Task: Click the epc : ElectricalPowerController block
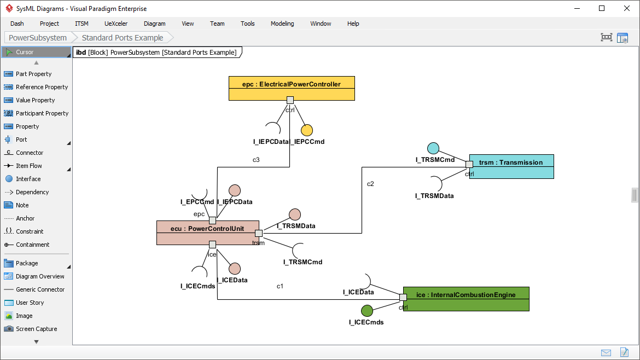click(292, 84)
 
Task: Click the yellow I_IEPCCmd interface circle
click(307, 130)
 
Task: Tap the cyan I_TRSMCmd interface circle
click(433, 148)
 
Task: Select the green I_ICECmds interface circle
click(367, 311)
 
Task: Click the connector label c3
click(256, 160)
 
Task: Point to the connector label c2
click(370, 183)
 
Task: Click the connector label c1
click(280, 286)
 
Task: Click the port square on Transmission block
click(469, 164)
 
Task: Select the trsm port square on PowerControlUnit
click(259, 233)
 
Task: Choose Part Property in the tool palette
click(33, 74)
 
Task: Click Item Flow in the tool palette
click(28, 166)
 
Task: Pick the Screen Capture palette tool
click(36, 329)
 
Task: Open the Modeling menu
click(282, 24)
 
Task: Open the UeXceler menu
click(116, 24)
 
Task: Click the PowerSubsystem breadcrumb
click(38, 38)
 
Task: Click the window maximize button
click(602, 8)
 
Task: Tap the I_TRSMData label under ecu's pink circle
click(296, 225)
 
